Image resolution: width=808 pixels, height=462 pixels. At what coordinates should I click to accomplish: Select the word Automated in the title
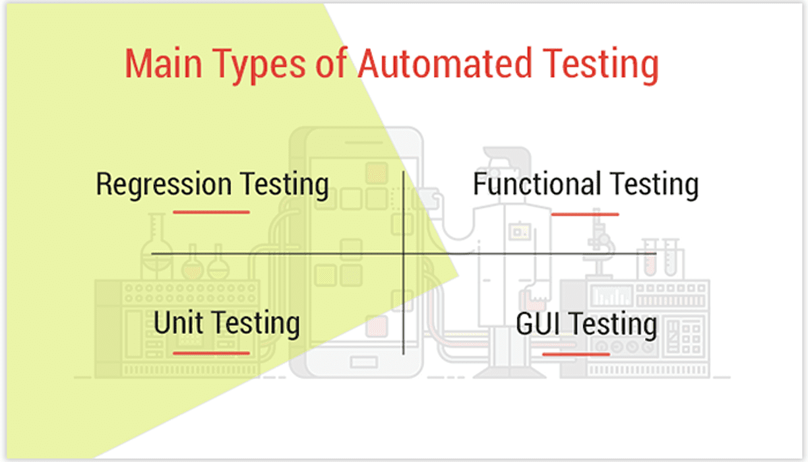(x=445, y=65)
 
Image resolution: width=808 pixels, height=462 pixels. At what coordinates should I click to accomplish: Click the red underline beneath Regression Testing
(x=211, y=213)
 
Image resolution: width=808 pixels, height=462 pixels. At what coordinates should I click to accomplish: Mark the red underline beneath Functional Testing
(x=584, y=214)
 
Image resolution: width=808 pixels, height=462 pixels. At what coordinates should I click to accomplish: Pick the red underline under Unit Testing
(x=211, y=353)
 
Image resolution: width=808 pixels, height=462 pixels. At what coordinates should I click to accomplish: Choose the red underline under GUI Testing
(x=576, y=354)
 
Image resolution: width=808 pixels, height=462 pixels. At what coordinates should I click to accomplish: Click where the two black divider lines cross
(x=403, y=253)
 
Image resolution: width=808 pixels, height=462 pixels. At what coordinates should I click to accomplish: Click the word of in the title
(x=332, y=65)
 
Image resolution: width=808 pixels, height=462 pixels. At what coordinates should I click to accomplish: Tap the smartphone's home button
(x=363, y=362)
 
